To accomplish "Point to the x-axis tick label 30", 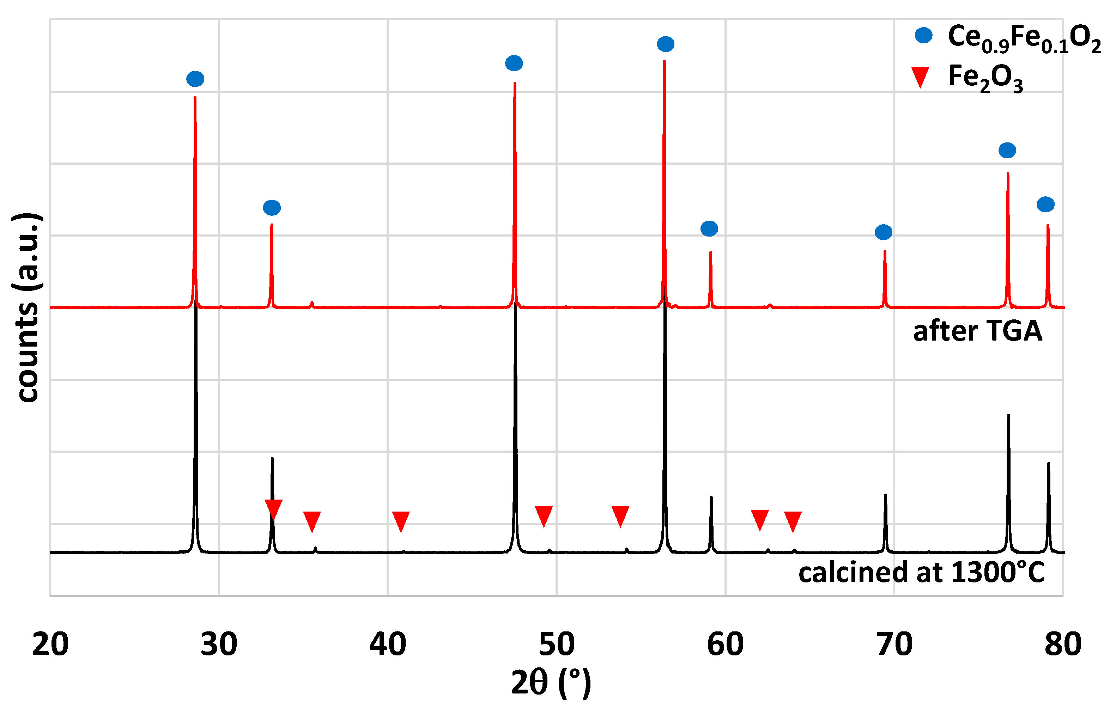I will click(x=219, y=644).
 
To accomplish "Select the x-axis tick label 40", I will click(x=388, y=644).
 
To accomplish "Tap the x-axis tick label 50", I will click(x=557, y=644).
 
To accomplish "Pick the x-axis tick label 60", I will click(x=726, y=644).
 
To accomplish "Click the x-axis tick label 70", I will click(x=894, y=644).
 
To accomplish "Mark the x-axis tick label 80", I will click(x=1063, y=644).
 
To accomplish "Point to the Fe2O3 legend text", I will click(x=985, y=78).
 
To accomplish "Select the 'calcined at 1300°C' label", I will click(x=921, y=573).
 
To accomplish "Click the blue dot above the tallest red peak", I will click(x=666, y=44).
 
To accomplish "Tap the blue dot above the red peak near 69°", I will click(x=883, y=232).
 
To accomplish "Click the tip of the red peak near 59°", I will click(x=711, y=252).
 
